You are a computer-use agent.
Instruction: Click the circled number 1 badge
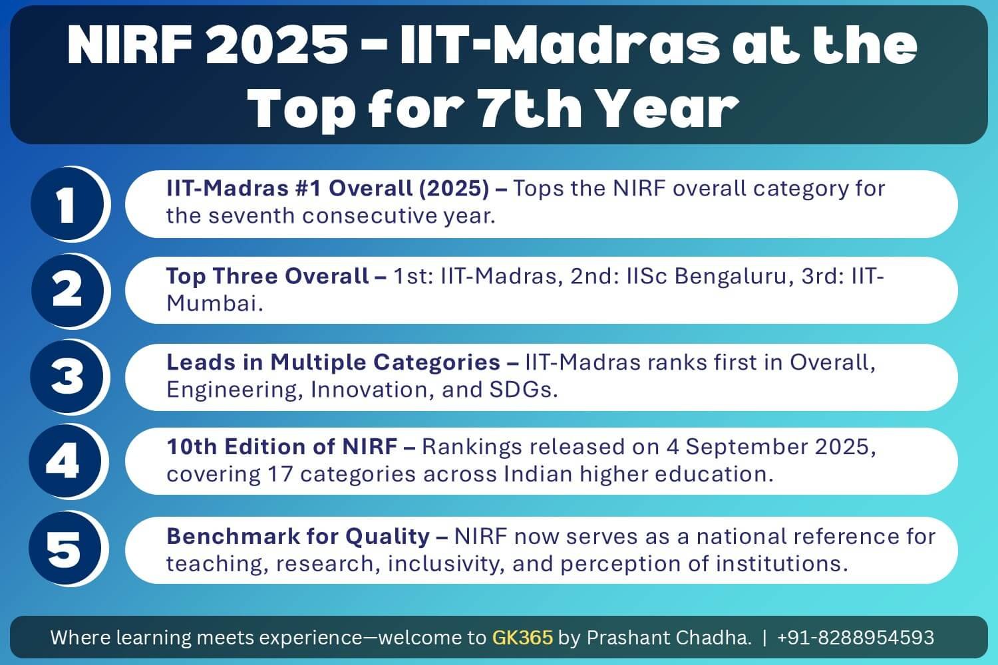pyautogui.click(x=67, y=204)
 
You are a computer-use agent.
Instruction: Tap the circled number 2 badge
pyautogui.click(x=67, y=291)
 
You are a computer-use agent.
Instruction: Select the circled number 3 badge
pyautogui.click(x=67, y=376)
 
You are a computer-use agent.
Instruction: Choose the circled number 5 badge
pyautogui.click(x=65, y=549)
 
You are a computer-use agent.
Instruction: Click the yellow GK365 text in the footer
pyautogui.click(x=522, y=638)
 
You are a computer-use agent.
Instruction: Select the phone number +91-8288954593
pyautogui.click(x=855, y=638)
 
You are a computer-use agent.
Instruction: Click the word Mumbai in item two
pyautogui.click(x=212, y=303)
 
